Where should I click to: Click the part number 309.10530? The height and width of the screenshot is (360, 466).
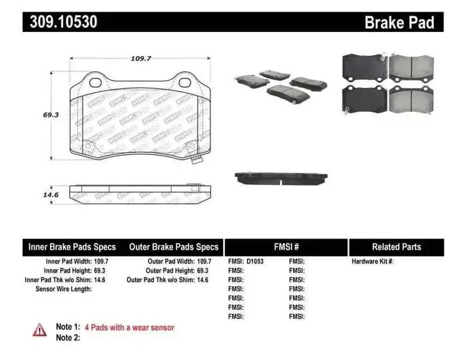[64, 22]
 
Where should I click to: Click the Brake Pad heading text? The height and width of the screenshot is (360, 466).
[399, 23]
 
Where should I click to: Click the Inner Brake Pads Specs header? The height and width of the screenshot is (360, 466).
[72, 247]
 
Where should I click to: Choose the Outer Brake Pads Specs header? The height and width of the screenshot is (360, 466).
[174, 247]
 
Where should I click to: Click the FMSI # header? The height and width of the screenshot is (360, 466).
[286, 247]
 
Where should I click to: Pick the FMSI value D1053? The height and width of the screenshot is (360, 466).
[255, 262]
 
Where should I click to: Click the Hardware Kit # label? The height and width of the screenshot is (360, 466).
[373, 262]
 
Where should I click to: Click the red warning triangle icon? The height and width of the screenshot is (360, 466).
[40, 329]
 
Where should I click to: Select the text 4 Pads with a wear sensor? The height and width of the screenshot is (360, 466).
[130, 327]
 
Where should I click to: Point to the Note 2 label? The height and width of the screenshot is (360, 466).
[67, 337]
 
